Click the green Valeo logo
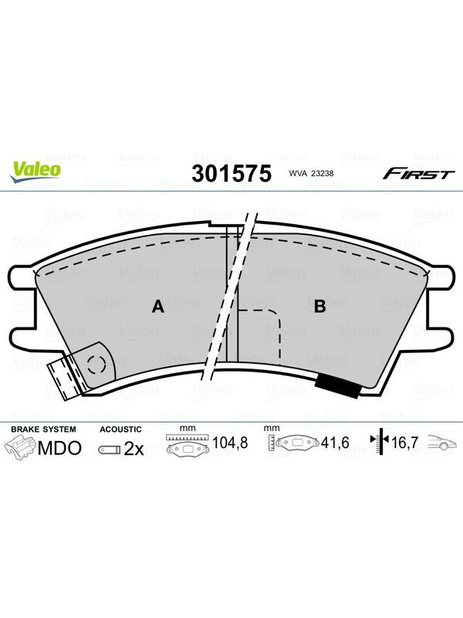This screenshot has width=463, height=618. (x=36, y=171)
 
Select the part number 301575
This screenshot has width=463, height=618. (x=231, y=173)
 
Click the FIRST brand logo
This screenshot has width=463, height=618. (x=418, y=173)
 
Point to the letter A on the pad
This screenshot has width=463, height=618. (x=158, y=306)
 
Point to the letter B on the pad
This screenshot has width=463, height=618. (x=319, y=306)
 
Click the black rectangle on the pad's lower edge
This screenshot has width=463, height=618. (x=339, y=384)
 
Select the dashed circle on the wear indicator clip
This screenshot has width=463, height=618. (x=97, y=365)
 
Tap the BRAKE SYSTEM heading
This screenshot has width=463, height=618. (x=43, y=430)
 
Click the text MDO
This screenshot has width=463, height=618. (x=60, y=448)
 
